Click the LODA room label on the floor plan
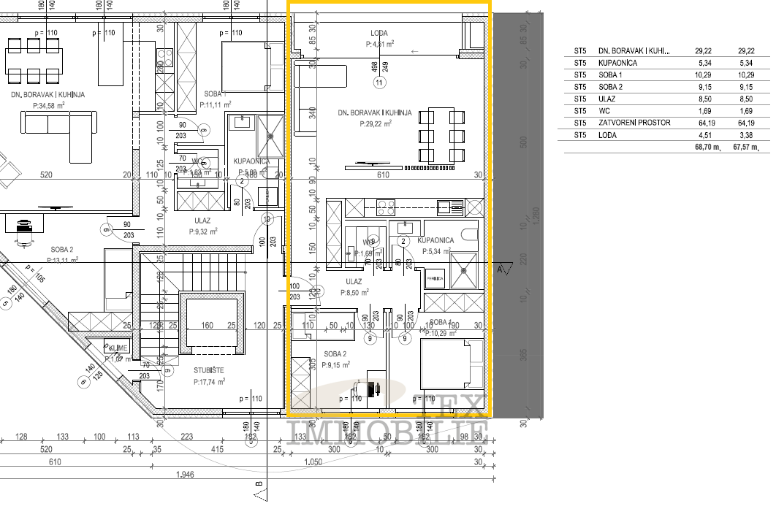point(379,34)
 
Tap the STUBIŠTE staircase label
point(209,369)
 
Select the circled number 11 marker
point(379,83)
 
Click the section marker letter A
point(501,269)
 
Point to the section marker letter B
point(258,483)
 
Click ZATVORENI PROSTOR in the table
point(634,123)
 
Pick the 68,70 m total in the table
point(707,148)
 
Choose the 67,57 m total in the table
point(749,148)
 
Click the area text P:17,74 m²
point(209,381)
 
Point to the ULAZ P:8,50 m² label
point(354,292)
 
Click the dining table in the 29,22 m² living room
point(442,135)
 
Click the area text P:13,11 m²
point(66,259)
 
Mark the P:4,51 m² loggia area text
point(380,44)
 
